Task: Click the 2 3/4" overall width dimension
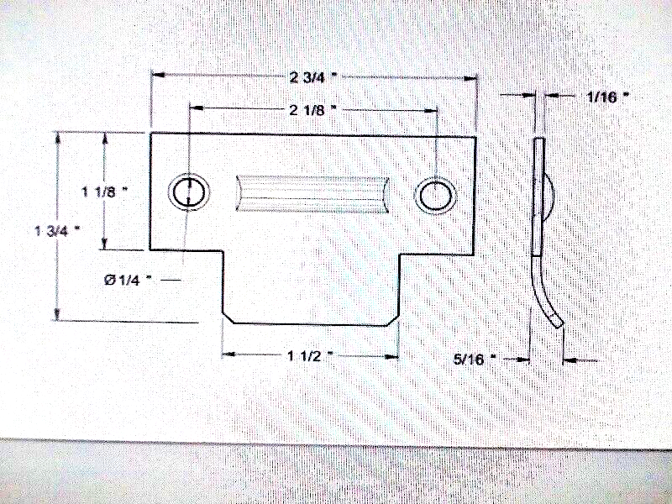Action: pos(313,77)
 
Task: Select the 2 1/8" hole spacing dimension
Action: pos(312,110)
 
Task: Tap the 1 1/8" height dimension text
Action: pos(105,192)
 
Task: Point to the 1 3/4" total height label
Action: pos(57,230)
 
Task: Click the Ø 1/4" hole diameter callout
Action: pos(128,280)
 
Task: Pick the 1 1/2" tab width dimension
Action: pos(310,355)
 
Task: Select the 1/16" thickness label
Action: pos(607,97)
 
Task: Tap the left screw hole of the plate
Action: pos(188,192)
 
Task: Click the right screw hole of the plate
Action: pos(435,196)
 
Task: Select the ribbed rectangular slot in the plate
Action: pos(312,193)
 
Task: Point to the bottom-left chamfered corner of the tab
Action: pos(228,318)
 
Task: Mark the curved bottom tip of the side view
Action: pos(559,324)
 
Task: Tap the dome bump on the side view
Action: pos(550,197)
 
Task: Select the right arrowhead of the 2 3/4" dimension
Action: pos(470,78)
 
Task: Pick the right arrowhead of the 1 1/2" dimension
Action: pos(391,356)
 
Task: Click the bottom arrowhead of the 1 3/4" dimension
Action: pos(56,314)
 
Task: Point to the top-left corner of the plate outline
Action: pos(150,134)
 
